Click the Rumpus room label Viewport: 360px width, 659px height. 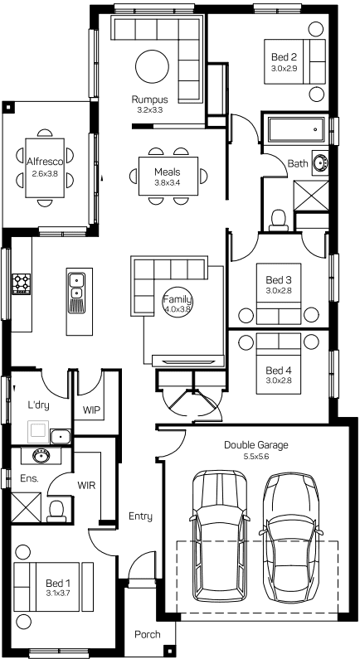149,99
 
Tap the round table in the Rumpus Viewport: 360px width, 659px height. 153,67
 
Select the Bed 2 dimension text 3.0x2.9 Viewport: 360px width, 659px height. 285,68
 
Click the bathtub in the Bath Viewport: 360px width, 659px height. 296,129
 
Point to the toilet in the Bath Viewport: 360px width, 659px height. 278,221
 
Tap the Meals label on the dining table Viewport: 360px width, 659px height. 167,172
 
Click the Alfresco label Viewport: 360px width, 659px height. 45,162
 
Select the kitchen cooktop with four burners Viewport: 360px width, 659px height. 22,283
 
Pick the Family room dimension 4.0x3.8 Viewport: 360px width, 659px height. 178,309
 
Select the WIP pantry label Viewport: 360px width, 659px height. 92,409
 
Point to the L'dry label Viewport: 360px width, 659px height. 38,405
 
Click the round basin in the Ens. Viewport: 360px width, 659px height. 41,455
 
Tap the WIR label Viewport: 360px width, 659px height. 86,486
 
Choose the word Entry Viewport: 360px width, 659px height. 140,516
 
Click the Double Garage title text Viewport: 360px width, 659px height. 256,444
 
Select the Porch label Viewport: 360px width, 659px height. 148,635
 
